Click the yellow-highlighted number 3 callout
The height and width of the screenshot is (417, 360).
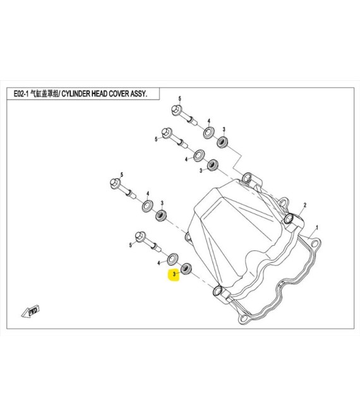174,274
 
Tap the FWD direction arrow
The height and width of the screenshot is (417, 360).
30,311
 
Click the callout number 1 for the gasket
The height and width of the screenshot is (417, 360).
316,227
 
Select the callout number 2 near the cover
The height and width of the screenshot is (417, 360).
305,205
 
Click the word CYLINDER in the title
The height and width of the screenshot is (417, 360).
76,94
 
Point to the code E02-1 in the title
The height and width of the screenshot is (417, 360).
21,94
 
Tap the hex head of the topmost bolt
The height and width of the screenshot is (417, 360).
176,110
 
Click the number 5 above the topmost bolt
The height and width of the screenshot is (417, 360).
180,99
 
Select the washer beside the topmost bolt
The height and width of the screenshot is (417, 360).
208,133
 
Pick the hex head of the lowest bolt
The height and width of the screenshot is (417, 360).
140,236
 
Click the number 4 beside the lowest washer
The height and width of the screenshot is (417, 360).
159,263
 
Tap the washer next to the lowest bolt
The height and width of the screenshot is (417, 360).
172,259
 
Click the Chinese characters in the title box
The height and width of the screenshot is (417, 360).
44,94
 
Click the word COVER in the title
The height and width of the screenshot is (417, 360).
117,94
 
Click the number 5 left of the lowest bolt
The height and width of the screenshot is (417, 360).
130,245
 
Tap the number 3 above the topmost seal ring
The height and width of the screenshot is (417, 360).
224,130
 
